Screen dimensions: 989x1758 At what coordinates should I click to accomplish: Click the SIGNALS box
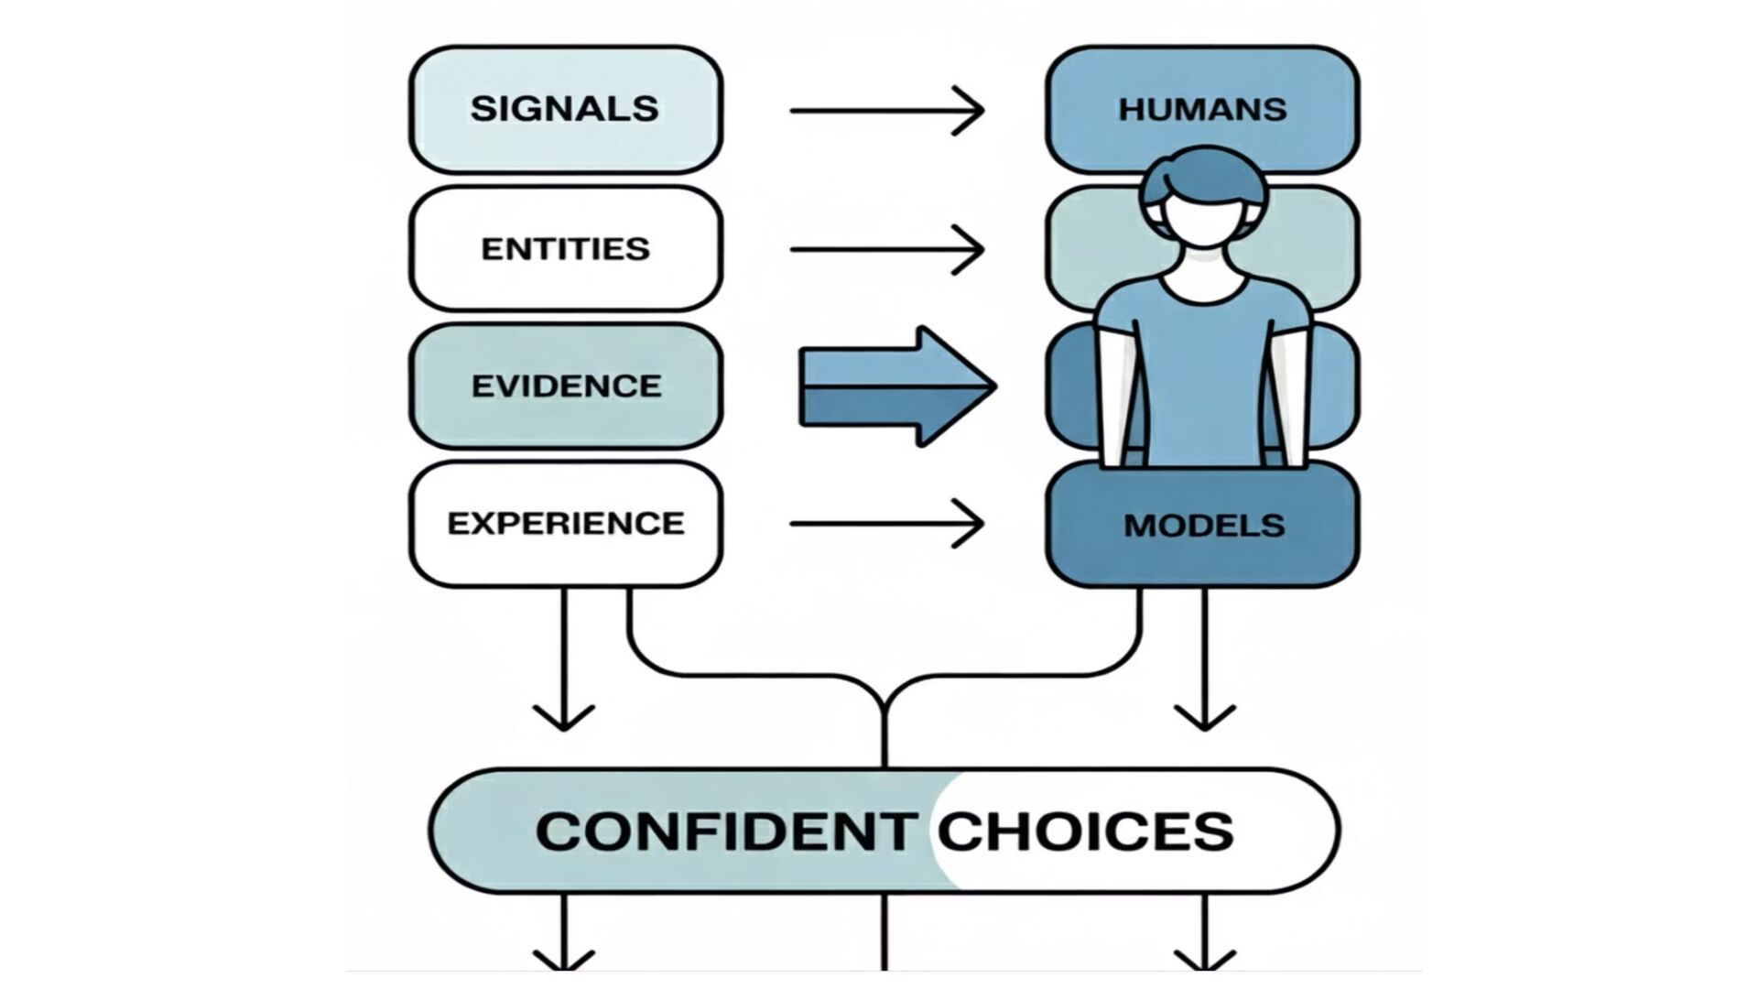pos(565,109)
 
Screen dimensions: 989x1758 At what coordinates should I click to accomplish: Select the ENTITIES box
pos(565,248)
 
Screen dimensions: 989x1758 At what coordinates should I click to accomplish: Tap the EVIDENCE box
pos(565,386)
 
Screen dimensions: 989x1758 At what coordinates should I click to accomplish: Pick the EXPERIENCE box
pos(565,523)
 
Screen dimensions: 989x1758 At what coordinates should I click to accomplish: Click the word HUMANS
pos(1202,109)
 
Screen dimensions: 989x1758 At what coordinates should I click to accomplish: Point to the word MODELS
pos(1203,525)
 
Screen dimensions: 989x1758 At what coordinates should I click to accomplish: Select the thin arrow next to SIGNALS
pos(886,111)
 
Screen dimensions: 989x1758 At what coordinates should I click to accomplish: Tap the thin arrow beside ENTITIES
pos(886,249)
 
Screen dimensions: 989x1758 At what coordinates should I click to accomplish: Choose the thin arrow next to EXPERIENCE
pos(886,524)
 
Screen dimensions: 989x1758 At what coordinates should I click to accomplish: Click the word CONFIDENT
pos(726,831)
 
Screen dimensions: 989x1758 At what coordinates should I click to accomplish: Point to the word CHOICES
pos(1085,831)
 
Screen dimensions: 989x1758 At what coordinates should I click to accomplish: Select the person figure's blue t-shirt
pos(1204,366)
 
